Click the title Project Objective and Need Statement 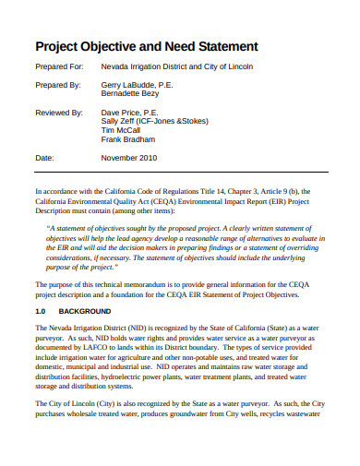click(146, 46)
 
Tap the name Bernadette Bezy click(131, 92)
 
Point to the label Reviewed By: click(60, 111)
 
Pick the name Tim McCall click(121, 130)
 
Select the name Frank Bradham click(128, 140)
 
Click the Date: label click(45, 158)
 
